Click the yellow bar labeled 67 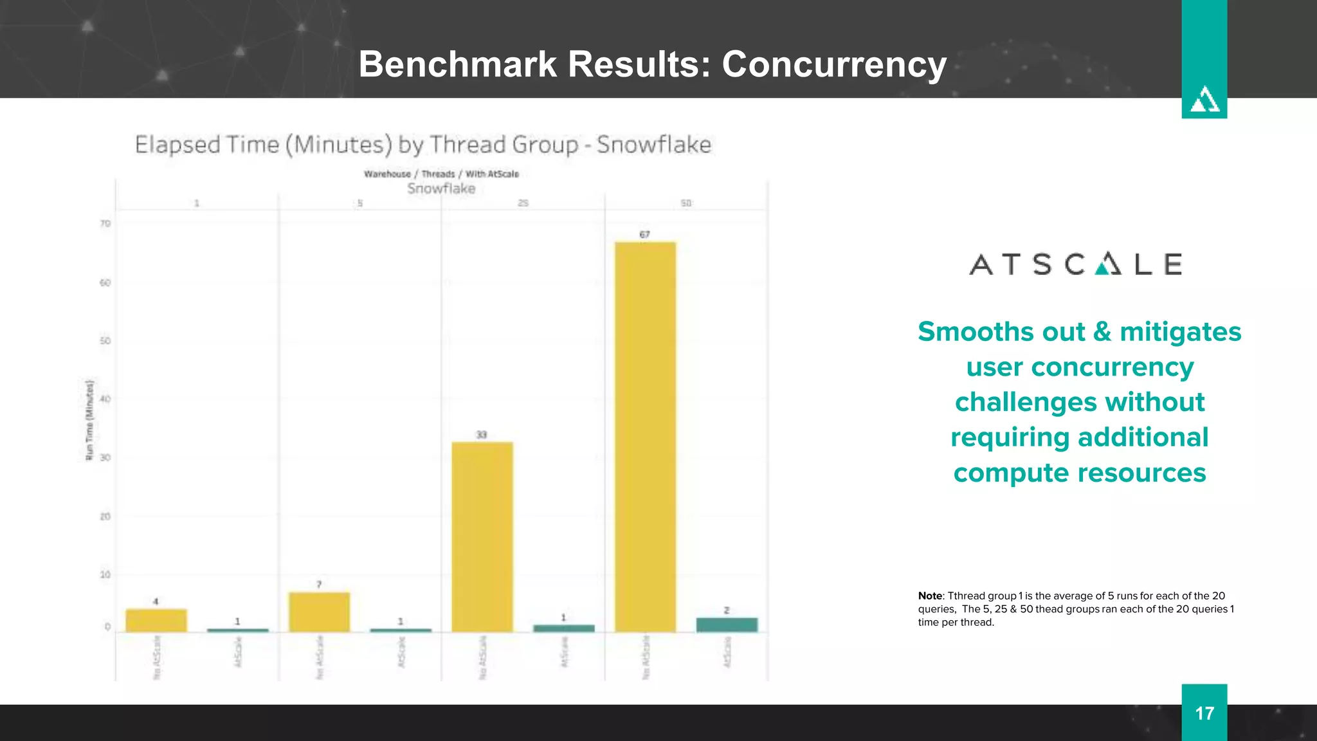pyautogui.click(x=645, y=437)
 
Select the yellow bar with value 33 pyautogui.click(x=482, y=537)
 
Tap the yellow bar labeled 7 pyautogui.click(x=319, y=612)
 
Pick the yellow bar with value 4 pyautogui.click(x=156, y=620)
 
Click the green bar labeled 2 pyautogui.click(x=727, y=625)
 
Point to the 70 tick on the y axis pyautogui.click(x=105, y=224)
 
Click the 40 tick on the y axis pyautogui.click(x=105, y=399)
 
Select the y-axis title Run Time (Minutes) pyautogui.click(x=90, y=420)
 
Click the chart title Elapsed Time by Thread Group pyautogui.click(x=422, y=145)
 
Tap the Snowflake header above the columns pyautogui.click(x=441, y=188)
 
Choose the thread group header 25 pyautogui.click(x=523, y=203)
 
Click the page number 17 pyautogui.click(x=1204, y=713)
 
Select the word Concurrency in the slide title pyautogui.click(x=834, y=64)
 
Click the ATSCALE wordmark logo pyautogui.click(x=1075, y=264)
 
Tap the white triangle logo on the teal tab pyautogui.click(x=1204, y=100)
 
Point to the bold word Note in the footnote pyautogui.click(x=930, y=596)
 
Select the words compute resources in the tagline pyautogui.click(x=1079, y=473)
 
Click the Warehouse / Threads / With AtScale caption pyautogui.click(x=441, y=174)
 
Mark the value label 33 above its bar pyautogui.click(x=481, y=435)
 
